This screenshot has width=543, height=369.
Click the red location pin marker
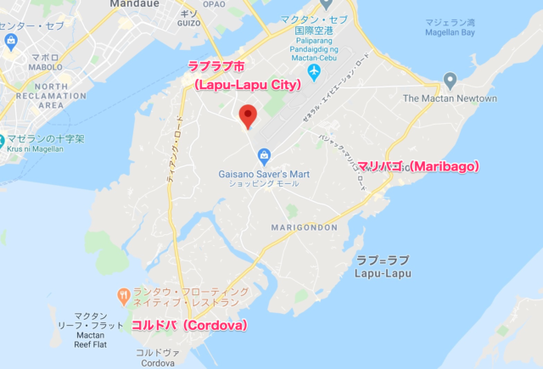pyautogui.click(x=247, y=115)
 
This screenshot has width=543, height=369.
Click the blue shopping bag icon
pyautogui.click(x=265, y=155)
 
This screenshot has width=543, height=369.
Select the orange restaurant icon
pyautogui.click(x=124, y=296)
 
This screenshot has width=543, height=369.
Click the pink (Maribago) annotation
pyautogui.click(x=418, y=165)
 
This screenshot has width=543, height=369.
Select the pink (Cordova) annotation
pyautogui.click(x=188, y=325)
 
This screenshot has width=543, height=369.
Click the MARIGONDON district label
pyautogui.click(x=305, y=228)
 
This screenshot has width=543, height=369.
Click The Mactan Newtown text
pyautogui.click(x=449, y=98)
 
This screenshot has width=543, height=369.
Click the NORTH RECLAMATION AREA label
pyautogui.click(x=39, y=96)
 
